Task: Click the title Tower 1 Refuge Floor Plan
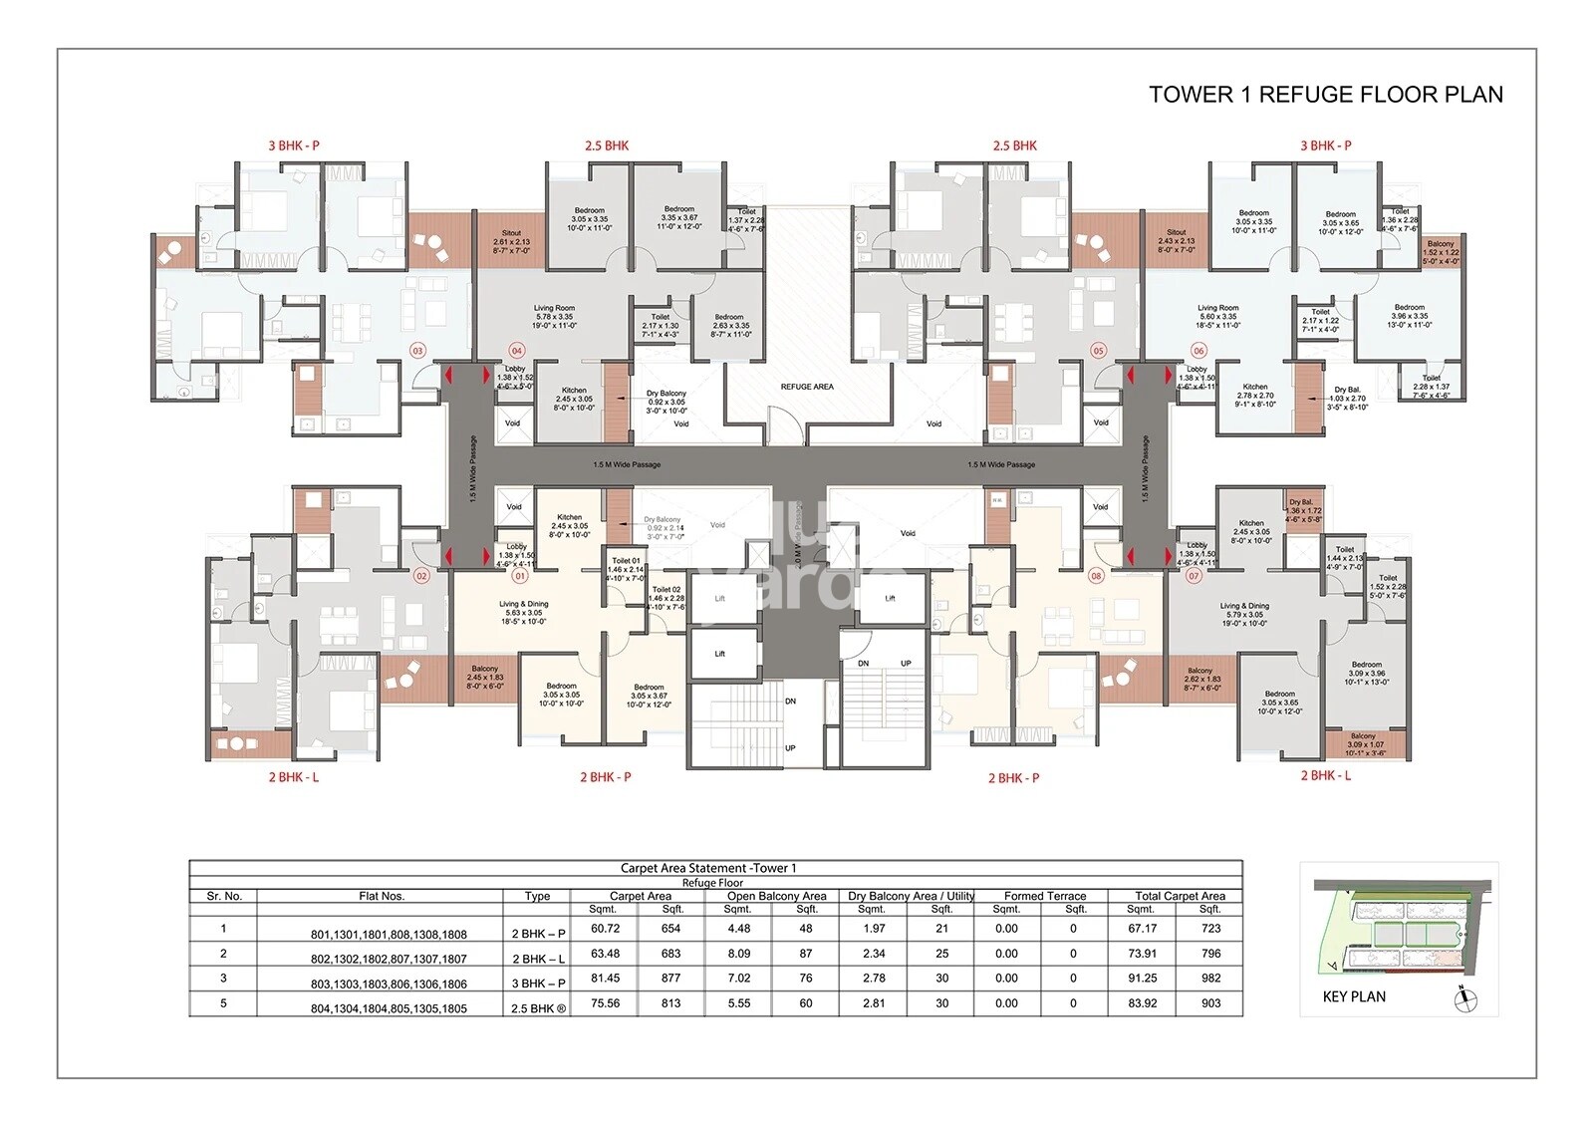point(1325,95)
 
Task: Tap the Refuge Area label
point(807,387)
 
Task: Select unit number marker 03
point(417,351)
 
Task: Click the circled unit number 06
point(1198,351)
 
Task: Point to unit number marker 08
point(1096,576)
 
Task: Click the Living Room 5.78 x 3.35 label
point(554,317)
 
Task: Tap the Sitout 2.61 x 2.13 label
point(511,242)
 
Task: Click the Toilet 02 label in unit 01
point(665,598)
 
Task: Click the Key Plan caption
point(1354,996)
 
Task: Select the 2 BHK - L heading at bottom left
point(293,777)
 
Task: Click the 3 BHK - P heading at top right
point(1325,145)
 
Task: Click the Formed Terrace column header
point(1044,896)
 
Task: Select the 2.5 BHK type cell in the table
point(538,1007)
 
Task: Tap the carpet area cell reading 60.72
point(605,929)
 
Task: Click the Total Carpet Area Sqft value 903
point(1210,1003)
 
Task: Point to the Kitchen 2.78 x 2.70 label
point(1255,395)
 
